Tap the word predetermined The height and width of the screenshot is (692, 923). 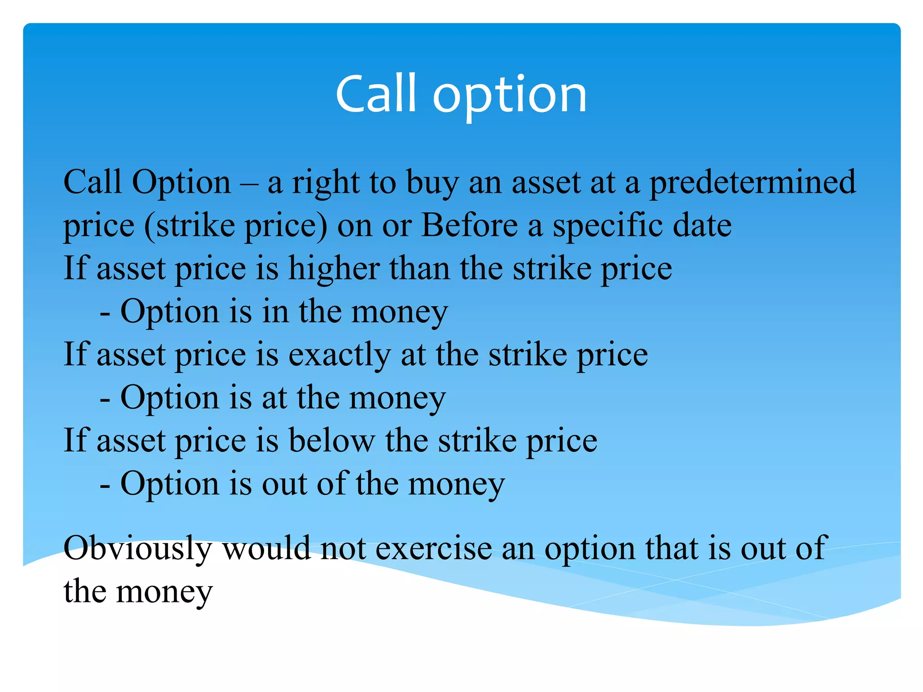tap(752, 183)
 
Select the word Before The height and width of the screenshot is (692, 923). tap(469, 225)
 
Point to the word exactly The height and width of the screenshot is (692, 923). tap(339, 355)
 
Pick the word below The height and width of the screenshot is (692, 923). tap(331, 441)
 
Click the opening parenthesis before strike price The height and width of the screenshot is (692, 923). tap(149, 226)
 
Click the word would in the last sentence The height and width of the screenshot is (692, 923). tap(266, 549)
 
